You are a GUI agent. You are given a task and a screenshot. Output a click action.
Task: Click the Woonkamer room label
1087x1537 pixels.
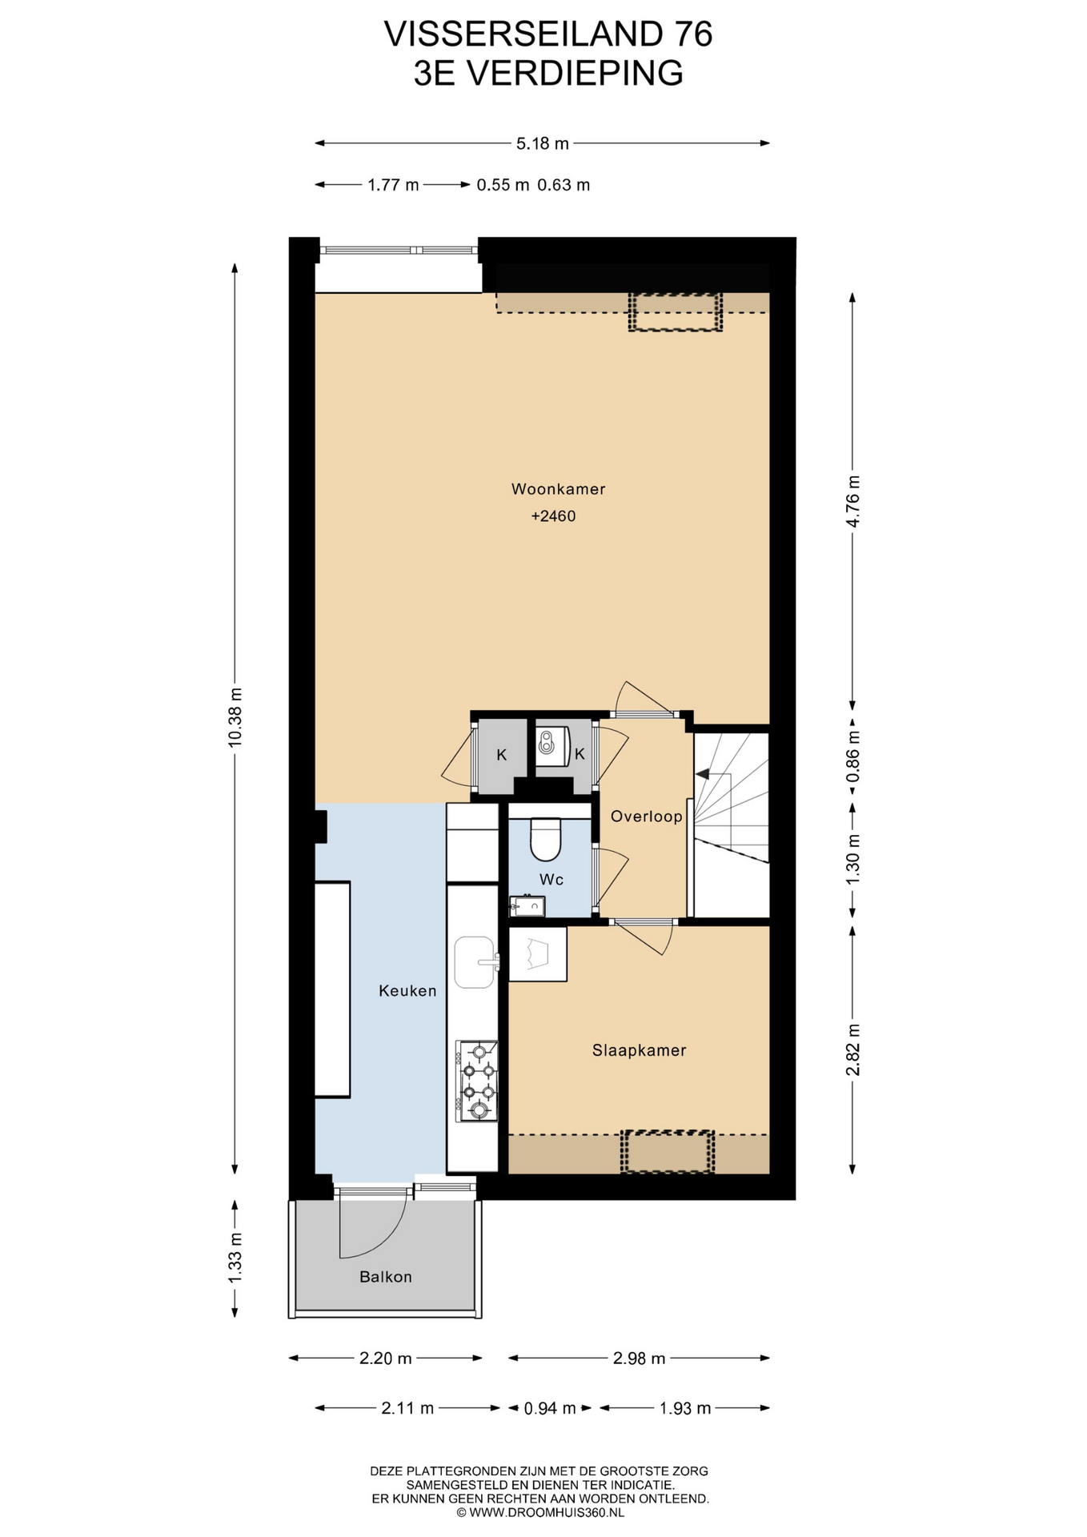[x=558, y=489]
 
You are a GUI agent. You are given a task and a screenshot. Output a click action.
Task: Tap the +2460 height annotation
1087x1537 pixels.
[x=553, y=516]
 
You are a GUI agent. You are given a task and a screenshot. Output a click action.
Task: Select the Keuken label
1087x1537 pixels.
[x=407, y=991]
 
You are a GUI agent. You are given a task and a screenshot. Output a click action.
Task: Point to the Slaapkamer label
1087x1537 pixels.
[x=639, y=1051]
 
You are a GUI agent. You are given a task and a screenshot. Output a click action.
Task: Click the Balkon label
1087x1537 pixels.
[x=385, y=1278]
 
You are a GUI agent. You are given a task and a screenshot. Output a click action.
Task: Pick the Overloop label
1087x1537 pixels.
[x=646, y=817]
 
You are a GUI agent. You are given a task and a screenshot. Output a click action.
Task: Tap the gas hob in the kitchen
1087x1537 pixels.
[x=477, y=1081]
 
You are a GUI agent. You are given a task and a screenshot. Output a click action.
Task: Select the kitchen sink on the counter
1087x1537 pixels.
[x=475, y=962]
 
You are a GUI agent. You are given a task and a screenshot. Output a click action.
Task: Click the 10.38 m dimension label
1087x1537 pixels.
[x=235, y=717]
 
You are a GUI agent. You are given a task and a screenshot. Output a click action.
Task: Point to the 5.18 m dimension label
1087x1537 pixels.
[x=543, y=144]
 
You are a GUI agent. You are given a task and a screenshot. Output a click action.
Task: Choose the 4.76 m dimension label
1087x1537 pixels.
[x=852, y=501]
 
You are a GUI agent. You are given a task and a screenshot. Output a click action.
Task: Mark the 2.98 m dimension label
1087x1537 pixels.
[x=639, y=1358]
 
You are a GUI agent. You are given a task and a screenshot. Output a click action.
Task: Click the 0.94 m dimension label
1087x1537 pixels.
[x=550, y=1408]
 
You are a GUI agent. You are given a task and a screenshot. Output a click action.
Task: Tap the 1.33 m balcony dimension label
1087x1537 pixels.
[x=235, y=1258]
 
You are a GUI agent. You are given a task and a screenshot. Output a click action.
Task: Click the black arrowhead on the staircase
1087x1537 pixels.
[x=702, y=774]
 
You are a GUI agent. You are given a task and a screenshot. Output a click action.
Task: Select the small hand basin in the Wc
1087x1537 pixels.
[x=527, y=905]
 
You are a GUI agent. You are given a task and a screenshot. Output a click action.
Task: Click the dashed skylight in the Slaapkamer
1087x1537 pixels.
[x=668, y=1152]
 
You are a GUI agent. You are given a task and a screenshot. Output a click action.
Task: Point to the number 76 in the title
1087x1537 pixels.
[x=692, y=34]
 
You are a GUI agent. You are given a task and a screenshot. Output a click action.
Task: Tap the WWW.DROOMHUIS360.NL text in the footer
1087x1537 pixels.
[x=546, y=1513]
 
